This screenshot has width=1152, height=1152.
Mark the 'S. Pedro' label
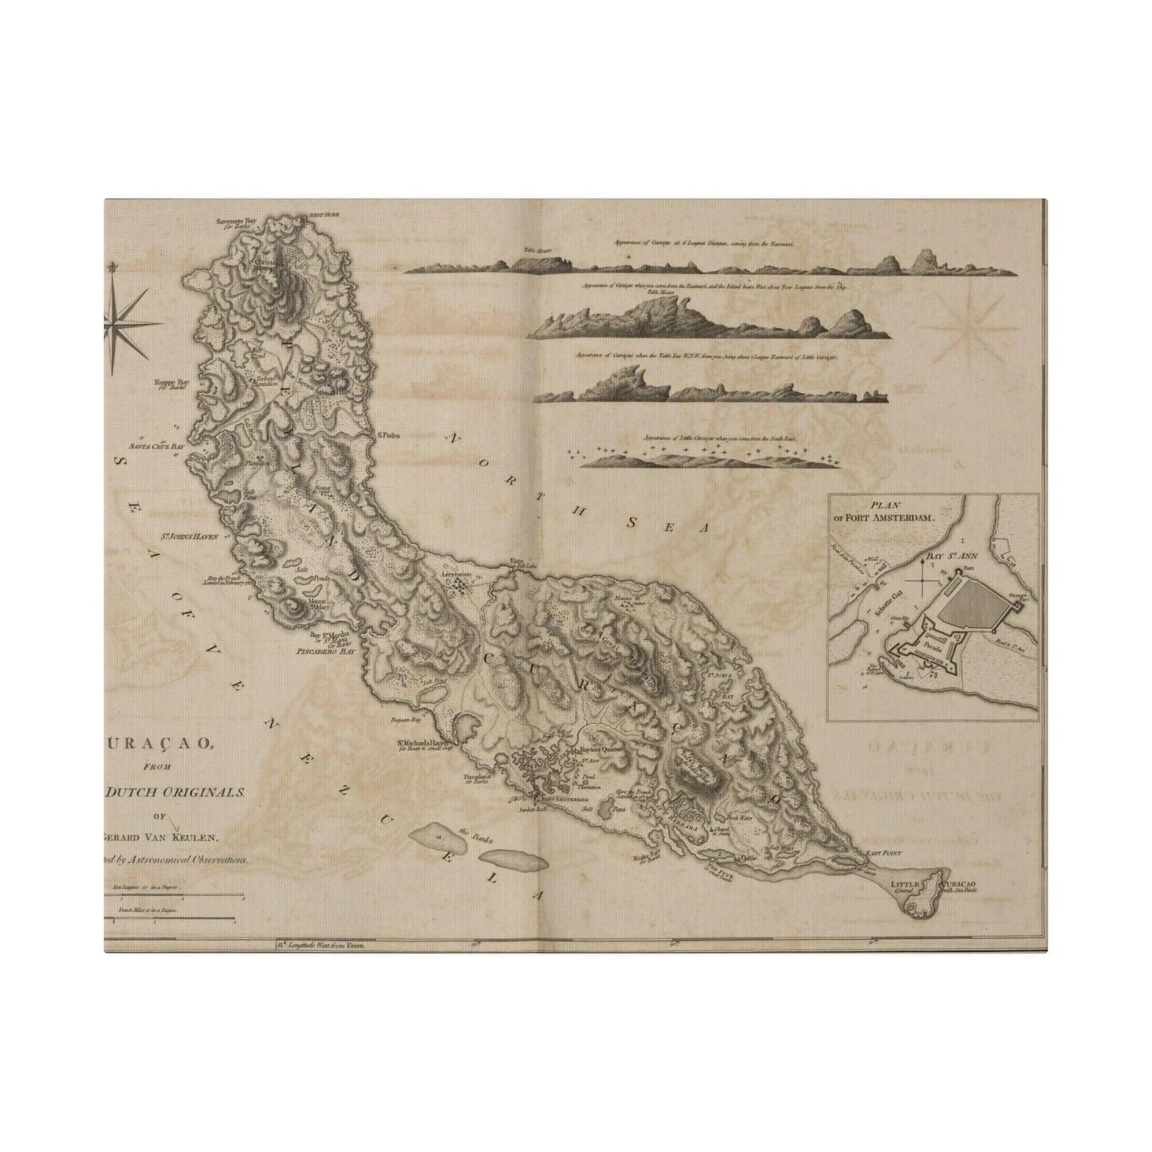point(388,436)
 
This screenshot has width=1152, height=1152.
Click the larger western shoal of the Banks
point(437,835)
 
